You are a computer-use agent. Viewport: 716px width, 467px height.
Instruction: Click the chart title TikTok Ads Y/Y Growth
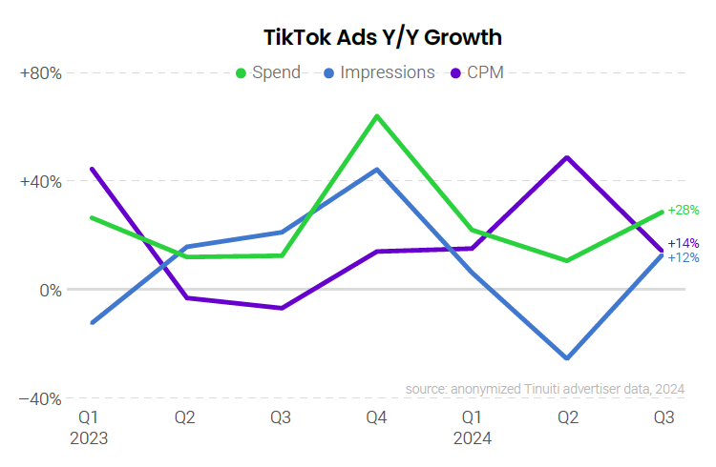[383, 37]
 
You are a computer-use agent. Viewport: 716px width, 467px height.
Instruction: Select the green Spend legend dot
[241, 72]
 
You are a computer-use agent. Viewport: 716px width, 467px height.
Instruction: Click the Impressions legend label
[387, 72]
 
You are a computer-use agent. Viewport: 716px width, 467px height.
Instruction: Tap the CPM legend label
[485, 72]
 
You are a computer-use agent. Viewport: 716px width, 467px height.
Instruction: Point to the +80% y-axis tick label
[40, 73]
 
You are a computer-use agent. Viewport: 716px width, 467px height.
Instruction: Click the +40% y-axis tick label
[40, 182]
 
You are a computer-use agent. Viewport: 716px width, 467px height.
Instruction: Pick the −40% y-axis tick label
[40, 398]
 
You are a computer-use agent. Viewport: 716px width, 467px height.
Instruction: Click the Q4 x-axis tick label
[376, 417]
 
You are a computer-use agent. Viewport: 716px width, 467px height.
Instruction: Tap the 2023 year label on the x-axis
[89, 438]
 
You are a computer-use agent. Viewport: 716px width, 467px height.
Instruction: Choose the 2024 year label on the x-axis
[472, 438]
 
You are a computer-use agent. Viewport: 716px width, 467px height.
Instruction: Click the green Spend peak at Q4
[377, 116]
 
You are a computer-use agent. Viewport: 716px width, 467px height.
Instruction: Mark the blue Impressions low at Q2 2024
[568, 358]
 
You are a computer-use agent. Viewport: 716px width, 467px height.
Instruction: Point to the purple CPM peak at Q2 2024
[568, 157]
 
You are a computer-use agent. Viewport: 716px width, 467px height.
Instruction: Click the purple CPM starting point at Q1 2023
[92, 170]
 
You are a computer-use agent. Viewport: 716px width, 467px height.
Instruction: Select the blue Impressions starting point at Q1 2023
[92, 322]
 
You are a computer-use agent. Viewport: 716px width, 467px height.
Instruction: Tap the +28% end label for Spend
[684, 210]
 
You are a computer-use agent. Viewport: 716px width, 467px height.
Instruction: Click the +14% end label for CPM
[684, 243]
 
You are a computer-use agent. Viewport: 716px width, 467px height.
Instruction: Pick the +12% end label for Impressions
[684, 257]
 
